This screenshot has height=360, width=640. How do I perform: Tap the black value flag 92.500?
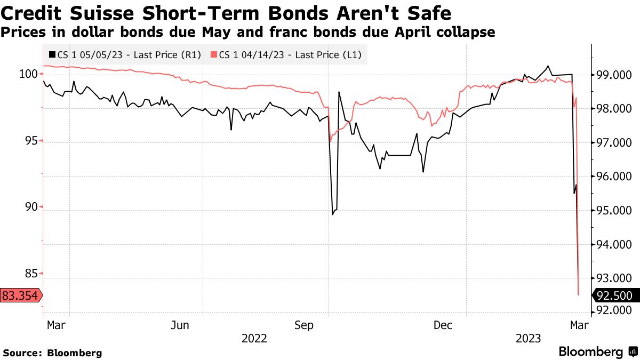[x=614, y=295]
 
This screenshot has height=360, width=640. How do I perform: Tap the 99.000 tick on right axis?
[x=614, y=75]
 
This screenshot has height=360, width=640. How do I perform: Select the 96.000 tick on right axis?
[x=614, y=177]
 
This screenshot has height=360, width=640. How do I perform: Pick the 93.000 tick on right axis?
[x=614, y=278]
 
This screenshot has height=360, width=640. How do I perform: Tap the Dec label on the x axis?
[x=443, y=325]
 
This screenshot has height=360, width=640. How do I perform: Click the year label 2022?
[x=254, y=338]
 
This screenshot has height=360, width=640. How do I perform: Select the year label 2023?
[x=528, y=338]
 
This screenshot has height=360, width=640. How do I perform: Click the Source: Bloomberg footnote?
[x=52, y=353]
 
